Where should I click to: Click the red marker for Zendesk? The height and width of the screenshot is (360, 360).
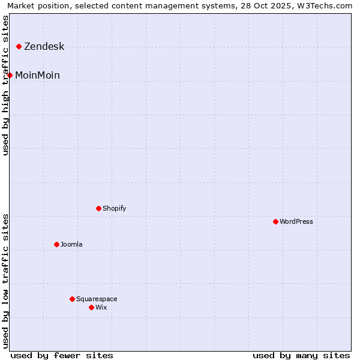pyautogui.click(x=19, y=46)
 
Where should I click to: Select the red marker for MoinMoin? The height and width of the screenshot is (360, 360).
pyautogui.click(x=10, y=75)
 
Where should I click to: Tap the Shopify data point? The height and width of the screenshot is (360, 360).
pyautogui.click(x=98, y=208)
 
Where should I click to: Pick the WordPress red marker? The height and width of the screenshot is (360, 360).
pyautogui.click(x=275, y=221)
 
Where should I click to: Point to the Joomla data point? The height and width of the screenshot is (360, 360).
pyautogui.click(x=56, y=244)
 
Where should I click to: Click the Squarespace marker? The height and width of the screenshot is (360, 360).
pyautogui.click(x=72, y=299)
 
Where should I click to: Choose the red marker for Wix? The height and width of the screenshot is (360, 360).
pyautogui.click(x=91, y=307)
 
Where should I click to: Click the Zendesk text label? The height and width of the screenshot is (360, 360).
pyautogui.click(x=44, y=47)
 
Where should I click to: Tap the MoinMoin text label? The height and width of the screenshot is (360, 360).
pyautogui.click(x=37, y=76)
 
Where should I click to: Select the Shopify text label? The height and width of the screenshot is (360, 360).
pyautogui.click(x=114, y=209)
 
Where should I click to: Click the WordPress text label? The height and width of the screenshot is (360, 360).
pyautogui.click(x=296, y=222)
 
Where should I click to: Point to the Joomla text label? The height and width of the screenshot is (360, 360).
pyautogui.click(x=71, y=245)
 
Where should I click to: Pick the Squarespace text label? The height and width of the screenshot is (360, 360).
pyautogui.click(x=97, y=299)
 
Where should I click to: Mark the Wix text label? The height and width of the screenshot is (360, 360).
pyautogui.click(x=101, y=308)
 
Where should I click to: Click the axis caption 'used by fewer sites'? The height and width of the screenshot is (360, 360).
pyautogui.click(x=62, y=355)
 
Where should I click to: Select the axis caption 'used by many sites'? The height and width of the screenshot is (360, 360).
pyautogui.click(x=301, y=355)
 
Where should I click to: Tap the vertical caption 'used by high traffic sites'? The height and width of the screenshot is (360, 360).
pyautogui.click(x=5, y=85)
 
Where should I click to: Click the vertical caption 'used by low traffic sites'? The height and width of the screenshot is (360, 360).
pyautogui.click(x=5, y=280)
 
